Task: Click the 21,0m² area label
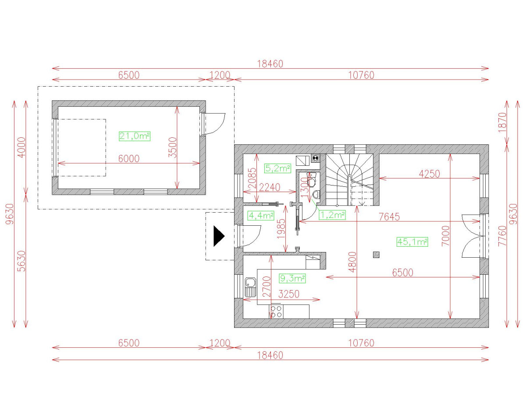click(x=135, y=136)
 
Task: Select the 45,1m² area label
click(x=412, y=242)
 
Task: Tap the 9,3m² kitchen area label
click(x=292, y=278)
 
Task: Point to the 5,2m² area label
click(x=277, y=168)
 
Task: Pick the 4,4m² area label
click(x=261, y=216)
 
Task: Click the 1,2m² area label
click(x=332, y=215)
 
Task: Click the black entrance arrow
click(x=219, y=236)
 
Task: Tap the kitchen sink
click(x=250, y=287)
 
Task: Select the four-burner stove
click(x=276, y=311)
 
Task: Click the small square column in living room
click(x=376, y=255)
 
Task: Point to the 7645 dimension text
click(x=389, y=217)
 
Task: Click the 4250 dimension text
click(x=429, y=174)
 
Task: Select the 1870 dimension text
click(x=502, y=122)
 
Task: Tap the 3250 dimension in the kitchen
click(x=289, y=294)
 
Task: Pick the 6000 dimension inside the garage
click(x=129, y=159)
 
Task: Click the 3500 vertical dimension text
click(x=173, y=147)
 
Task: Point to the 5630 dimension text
click(x=22, y=261)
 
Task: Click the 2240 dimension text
click(x=269, y=188)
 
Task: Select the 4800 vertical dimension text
click(x=353, y=262)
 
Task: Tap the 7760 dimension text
click(x=502, y=236)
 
